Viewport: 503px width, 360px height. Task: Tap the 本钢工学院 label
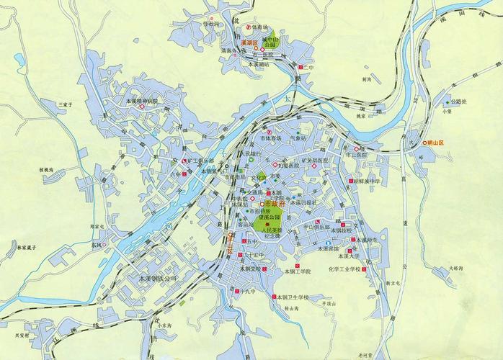297,271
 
